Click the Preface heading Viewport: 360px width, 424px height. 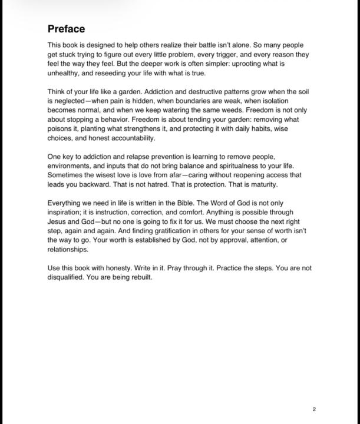point(66,29)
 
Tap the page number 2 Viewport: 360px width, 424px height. point(315,409)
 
